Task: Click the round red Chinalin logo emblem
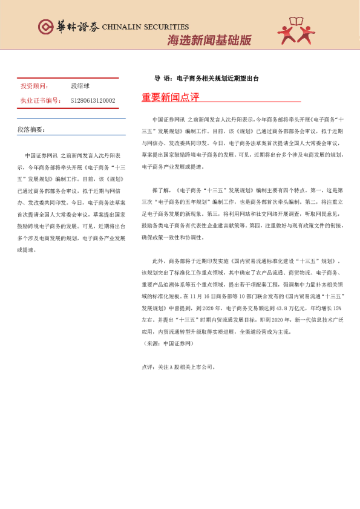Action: [45, 27]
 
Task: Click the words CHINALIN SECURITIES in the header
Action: [145, 27]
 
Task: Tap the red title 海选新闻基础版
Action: [209, 41]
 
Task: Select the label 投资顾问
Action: [34, 86]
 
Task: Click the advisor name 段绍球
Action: [80, 86]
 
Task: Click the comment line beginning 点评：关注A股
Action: [178, 366]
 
